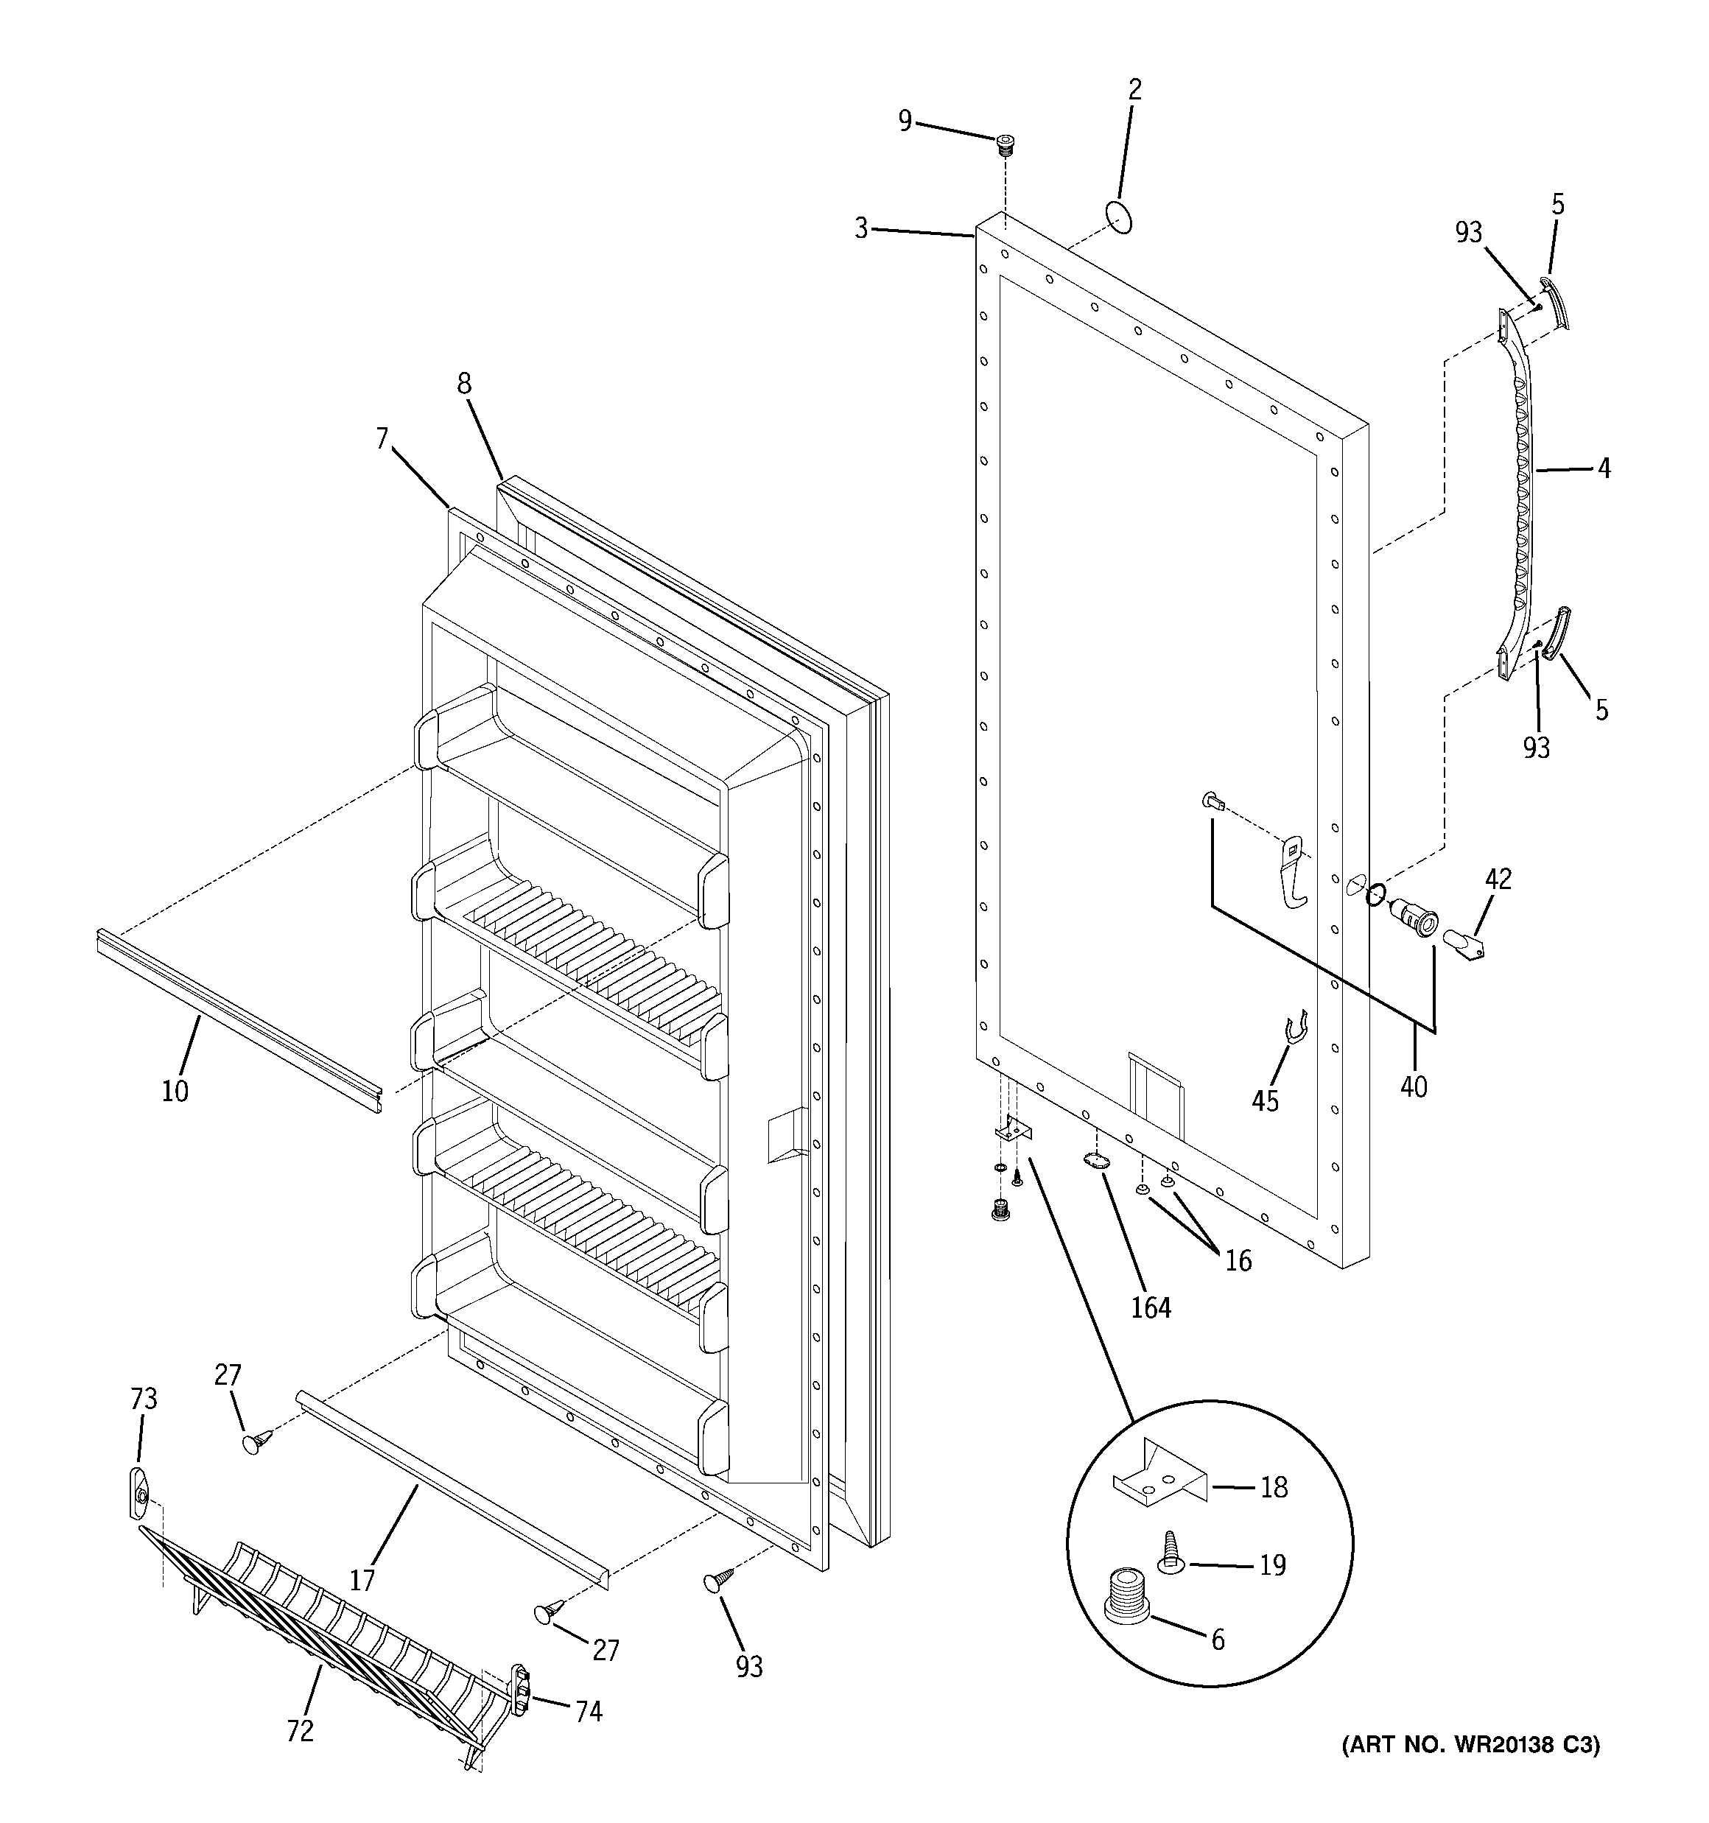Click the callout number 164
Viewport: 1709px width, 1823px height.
point(1151,1307)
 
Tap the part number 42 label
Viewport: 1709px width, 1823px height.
point(1498,879)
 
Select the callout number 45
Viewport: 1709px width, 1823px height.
point(1265,1100)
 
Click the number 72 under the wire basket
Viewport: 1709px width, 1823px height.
point(300,1730)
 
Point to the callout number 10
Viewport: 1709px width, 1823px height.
point(175,1092)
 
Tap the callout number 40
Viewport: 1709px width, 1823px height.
point(1414,1086)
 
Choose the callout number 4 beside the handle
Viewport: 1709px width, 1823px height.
point(1604,468)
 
